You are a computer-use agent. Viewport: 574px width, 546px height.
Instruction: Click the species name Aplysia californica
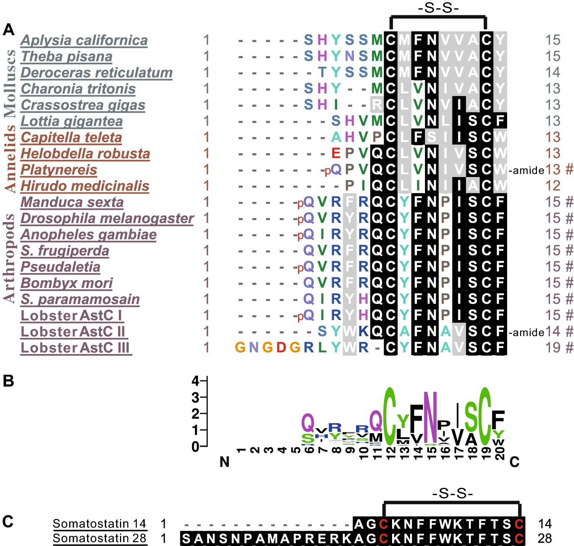pos(84,40)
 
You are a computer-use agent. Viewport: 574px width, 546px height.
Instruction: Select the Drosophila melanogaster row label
pos(107,218)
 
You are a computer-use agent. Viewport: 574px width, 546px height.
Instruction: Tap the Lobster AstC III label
pos(76,348)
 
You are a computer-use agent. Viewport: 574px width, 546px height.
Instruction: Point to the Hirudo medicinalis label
pos(85,186)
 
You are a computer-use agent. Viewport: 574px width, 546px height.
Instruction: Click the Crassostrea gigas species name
pos(83,105)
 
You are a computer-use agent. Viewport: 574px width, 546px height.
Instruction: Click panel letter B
pos(8,381)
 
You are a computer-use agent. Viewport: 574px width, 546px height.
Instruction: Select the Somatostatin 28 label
pos(99,538)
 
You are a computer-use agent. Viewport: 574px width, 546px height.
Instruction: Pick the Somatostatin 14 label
pos(99,523)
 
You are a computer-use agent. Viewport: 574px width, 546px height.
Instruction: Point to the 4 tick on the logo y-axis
pos(196,381)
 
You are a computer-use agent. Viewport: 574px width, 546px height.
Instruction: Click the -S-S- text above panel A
pos(438,8)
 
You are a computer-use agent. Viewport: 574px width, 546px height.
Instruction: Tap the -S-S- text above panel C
pos(452,494)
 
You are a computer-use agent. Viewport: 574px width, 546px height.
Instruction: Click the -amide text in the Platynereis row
pos(526,171)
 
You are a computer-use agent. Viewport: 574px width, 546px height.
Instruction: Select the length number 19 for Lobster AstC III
pos(553,348)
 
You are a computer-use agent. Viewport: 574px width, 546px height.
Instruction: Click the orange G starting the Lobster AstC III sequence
pos(240,348)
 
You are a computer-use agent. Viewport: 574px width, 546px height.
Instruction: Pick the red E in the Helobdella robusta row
pos(336,154)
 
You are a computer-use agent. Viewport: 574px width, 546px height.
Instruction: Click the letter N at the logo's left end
pos(224,462)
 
